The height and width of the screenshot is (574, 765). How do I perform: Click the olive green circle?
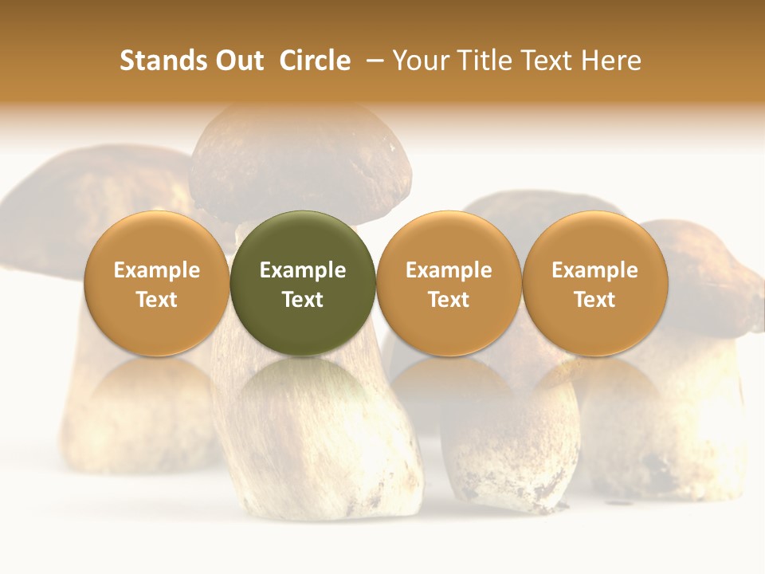303,283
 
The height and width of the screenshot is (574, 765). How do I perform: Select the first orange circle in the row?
156,283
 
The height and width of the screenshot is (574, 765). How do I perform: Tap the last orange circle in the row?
594,283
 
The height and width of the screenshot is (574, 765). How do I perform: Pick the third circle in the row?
449,283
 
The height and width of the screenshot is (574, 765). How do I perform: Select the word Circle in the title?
315,61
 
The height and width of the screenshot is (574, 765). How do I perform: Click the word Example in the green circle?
303,270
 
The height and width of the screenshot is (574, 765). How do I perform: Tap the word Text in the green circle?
303,300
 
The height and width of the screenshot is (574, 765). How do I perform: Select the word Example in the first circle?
156,270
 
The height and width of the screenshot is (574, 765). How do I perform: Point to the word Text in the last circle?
594,300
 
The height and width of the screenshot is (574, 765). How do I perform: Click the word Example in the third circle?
449,270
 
